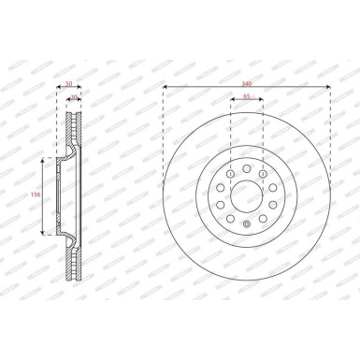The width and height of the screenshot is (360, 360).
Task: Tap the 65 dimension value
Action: [246, 96]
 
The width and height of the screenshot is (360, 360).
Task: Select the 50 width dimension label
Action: [69, 84]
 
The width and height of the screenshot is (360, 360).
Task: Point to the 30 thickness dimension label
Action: [75, 96]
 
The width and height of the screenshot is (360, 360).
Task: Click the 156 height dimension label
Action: [35, 195]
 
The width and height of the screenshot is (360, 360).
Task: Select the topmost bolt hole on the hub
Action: [246, 168]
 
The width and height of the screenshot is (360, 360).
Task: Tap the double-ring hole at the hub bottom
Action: [246, 223]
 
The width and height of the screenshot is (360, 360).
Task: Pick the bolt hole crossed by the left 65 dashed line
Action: [230, 174]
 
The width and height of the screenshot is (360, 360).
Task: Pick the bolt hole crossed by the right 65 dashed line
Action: [262, 174]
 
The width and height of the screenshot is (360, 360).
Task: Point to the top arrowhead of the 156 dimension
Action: [43, 160]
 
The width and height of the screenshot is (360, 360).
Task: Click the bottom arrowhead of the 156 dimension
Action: [43, 232]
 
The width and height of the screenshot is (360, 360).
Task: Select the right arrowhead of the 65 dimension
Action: [261, 102]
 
